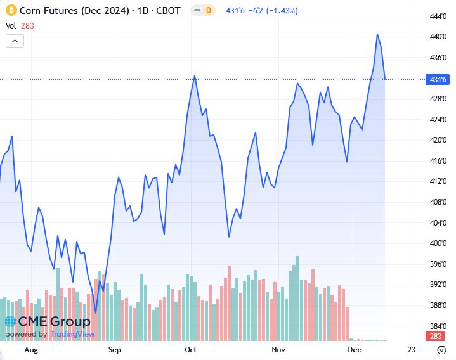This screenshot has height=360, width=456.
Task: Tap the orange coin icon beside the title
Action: tap(10, 11)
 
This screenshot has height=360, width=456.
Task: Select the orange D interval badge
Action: tap(208, 11)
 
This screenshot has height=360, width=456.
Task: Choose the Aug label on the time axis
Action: tap(30, 350)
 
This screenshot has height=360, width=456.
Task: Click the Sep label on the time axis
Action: tap(114, 350)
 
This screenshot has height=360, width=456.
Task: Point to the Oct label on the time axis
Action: tap(190, 350)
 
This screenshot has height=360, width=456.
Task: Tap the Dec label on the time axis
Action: tap(354, 350)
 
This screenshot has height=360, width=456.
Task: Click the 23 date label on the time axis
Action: tap(412, 350)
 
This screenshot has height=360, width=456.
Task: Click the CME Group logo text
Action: tap(48, 321)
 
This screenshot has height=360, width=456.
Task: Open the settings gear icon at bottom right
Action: tap(441, 350)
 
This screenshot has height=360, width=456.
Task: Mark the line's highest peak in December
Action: tap(377, 34)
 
